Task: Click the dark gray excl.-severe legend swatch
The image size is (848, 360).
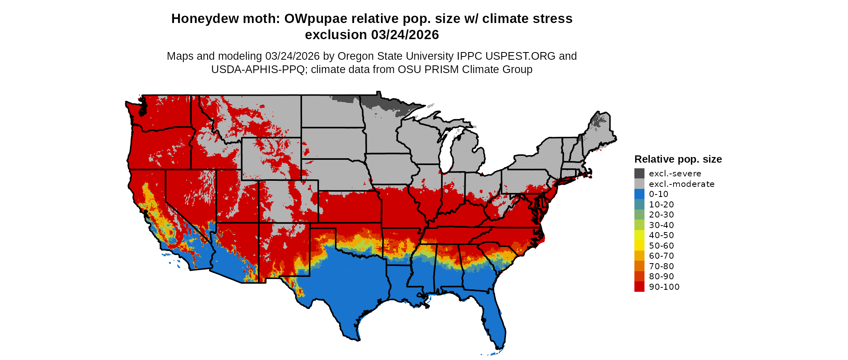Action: coord(639,174)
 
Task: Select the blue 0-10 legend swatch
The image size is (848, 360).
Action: coord(639,194)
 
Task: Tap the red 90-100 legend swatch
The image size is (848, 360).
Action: coord(639,287)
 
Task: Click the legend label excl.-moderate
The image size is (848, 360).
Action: coord(682,184)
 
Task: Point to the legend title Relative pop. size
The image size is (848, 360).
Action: coord(678,159)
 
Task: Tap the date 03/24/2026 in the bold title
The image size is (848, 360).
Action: coord(405,35)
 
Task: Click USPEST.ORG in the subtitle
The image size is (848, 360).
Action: coord(521,56)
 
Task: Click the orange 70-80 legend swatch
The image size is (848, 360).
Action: coord(639,266)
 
